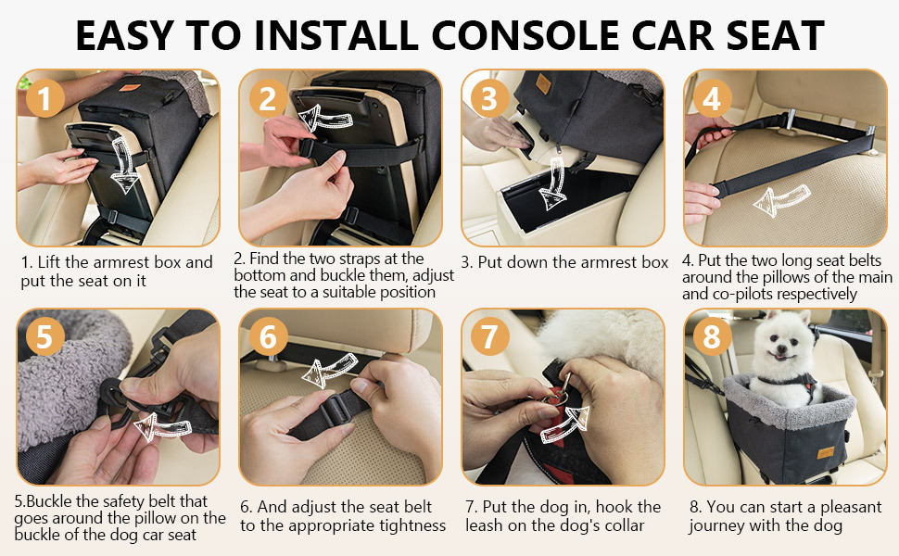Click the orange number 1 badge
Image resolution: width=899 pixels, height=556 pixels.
pos(45,98)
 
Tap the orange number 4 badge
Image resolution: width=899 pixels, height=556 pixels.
pos(712,98)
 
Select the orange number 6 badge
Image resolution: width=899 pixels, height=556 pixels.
pos(268,336)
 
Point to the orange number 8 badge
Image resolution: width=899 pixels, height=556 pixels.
pos(712,336)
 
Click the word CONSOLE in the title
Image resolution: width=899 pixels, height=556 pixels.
pos(525,35)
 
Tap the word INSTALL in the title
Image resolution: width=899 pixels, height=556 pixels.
pos(336,35)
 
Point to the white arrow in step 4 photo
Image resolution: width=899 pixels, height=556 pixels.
pos(781,199)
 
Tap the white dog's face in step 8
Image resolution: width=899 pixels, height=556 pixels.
pos(781,341)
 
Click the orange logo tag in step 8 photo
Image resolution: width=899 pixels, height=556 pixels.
pos(826,452)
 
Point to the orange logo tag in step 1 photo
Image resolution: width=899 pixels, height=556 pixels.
pos(130,88)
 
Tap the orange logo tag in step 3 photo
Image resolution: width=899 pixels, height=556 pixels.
pos(543,83)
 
